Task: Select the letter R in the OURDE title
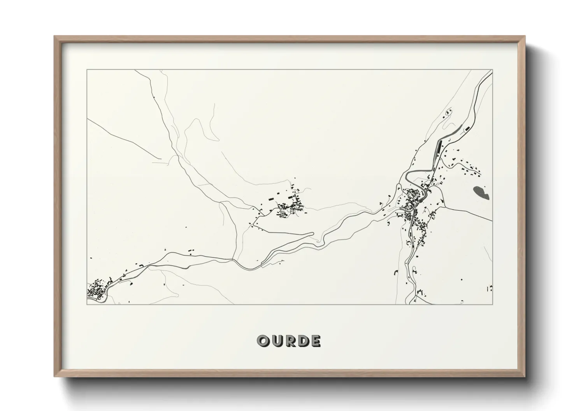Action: pyautogui.click(x=288, y=341)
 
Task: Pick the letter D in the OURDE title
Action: pyautogui.click(x=302, y=341)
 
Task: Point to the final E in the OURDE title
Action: pyautogui.click(x=315, y=341)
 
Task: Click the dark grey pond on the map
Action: pyautogui.click(x=481, y=192)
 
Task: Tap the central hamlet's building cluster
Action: pyautogui.click(x=290, y=207)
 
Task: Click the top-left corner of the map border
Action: pyautogui.click(x=87, y=70)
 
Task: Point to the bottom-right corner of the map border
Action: pyautogui.click(x=492, y=304)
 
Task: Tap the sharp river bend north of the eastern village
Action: pyautogui.click(x=407, y=177)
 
